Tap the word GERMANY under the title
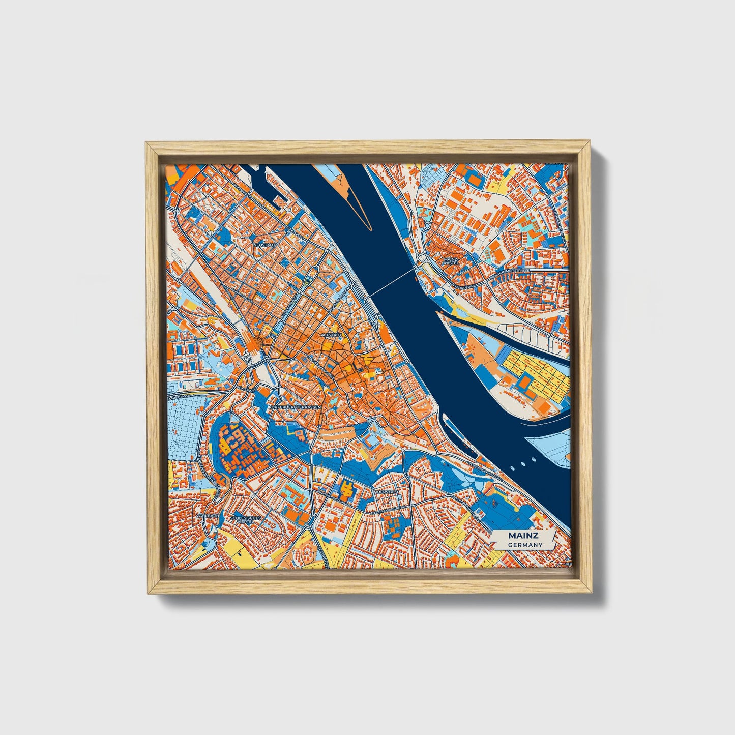coord(525,545)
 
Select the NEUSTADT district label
coord(264,245)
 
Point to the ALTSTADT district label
coord(331,335)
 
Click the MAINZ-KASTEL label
coord(451,261)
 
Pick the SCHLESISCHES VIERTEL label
coord(246,519)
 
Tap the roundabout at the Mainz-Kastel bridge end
coord(424,259)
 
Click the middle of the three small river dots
coord(523,463)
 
